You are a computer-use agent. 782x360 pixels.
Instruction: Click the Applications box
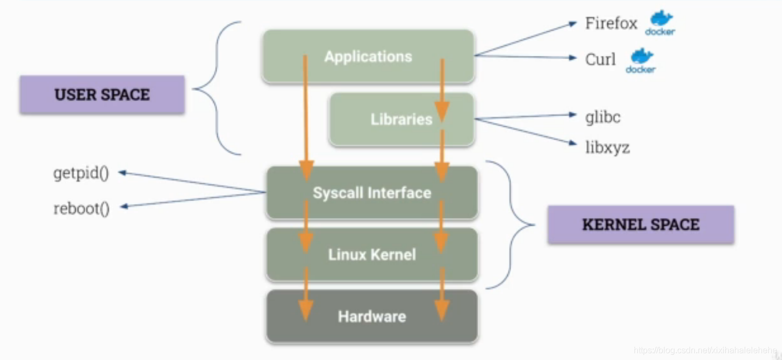[368, 56]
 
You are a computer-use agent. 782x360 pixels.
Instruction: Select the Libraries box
[401, 119]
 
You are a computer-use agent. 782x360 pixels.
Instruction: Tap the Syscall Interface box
[372, 193]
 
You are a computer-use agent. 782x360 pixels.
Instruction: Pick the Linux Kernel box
[372, 254]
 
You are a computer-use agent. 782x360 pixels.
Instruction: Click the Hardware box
[372, 316]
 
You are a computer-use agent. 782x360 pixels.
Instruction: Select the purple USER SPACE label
[102, 95]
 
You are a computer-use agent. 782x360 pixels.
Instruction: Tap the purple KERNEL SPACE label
[641, 225]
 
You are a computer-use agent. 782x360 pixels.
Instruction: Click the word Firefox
[611, 24]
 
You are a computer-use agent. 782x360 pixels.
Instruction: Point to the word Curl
[600, 59]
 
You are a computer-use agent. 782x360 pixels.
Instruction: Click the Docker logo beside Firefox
[660, 23]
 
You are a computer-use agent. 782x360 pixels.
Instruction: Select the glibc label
[603, 117]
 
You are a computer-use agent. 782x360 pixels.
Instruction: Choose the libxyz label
[607, 147]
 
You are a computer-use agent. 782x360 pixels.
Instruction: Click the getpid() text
[81, 173]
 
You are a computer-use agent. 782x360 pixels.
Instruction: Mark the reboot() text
[82, 208]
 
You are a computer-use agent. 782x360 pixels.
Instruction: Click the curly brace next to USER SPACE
[215, 89]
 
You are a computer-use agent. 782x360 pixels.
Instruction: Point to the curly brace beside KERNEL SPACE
[511, 225]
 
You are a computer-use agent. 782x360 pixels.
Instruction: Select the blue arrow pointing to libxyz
[524, 132]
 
